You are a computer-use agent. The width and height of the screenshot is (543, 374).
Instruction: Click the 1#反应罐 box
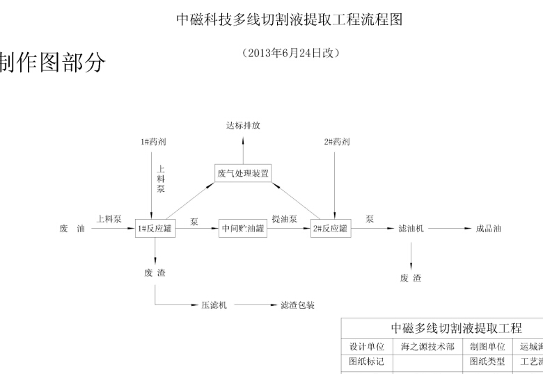tap(155, 229)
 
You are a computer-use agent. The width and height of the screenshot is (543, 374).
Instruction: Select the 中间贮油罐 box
tap(244, 229)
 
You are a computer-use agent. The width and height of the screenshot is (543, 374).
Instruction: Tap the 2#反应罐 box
tap(330, 229)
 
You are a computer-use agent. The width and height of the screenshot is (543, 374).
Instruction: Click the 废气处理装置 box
tap(243, 173)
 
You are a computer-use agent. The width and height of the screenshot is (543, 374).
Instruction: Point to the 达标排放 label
tap(243, 126)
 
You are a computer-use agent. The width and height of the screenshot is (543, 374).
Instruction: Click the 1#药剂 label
tap(153, 142)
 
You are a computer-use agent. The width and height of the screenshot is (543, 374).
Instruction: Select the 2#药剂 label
tap(337, 142)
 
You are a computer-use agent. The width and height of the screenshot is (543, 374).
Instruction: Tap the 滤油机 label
tap(411, 229)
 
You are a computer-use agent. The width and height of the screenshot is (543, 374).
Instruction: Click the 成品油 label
tap(488, 229)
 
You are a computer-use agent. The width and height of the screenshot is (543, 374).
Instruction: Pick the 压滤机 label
tap(214, 305)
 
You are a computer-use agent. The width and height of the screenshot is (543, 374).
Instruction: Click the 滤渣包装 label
tap(298, 305)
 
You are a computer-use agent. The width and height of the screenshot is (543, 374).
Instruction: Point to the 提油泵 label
tap(285, 219)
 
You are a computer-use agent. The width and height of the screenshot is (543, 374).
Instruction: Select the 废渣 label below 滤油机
tap(411, 278)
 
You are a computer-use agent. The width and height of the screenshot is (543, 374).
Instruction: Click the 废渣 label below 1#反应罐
tap(155, 272)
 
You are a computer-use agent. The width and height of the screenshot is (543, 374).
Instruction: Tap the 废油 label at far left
tap(72, 229)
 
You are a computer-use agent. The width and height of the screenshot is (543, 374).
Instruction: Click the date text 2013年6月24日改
tap(291, 53)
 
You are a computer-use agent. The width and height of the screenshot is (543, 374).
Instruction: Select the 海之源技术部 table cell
tap(428, 346)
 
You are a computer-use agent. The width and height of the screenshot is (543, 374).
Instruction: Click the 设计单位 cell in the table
tap(366, 346)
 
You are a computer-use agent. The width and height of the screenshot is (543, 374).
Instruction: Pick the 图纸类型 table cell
tap(487, 361)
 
